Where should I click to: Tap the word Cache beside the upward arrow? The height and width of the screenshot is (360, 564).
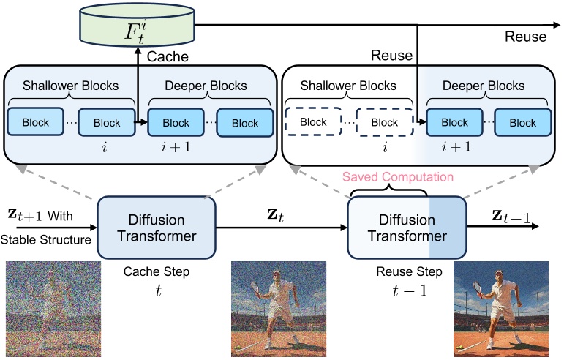168,56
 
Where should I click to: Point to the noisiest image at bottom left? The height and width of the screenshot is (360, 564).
53,310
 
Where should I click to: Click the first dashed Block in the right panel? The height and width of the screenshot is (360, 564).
314,123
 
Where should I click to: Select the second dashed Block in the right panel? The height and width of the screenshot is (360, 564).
385,123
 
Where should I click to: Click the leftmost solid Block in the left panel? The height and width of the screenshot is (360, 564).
35,123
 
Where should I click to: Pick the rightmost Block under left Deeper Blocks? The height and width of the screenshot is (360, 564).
245,123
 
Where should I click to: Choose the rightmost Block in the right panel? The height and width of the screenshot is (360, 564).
523,123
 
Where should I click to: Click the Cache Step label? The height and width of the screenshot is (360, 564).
156,271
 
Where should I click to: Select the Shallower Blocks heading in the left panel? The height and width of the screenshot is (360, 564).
70,85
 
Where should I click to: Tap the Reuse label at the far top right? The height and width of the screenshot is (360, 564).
525,37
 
